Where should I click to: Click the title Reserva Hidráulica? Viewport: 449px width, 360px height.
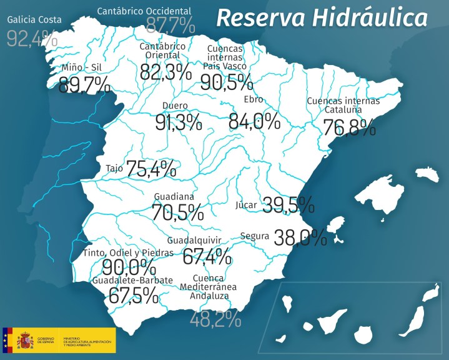pyautogui.click(x=322, y=18)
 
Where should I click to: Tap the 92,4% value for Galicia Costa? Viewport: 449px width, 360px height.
pyautogui.click(x=32, y=38)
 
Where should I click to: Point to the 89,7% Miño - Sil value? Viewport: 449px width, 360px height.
pyautogui.click(x=84, y=84)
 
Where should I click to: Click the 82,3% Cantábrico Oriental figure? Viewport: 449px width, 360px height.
pyautogui.click(x=165, y=72)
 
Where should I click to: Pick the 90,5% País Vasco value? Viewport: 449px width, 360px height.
pyautogui.click(x=227, y=82)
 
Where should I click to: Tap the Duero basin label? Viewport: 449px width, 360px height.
pyautogui.click(x=175, y=105)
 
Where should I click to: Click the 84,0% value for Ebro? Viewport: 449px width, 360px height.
pyautogui.click(x=254, y=121)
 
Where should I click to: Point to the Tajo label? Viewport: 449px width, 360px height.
pyautogui.click(x=114, y=168)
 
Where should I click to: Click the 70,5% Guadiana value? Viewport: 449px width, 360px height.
pyautogui.click(x=177, y=212)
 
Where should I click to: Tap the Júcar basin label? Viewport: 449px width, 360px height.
pyautogui.click(x=246, y=204)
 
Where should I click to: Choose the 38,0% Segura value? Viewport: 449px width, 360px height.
pyautogui.click(x=300, y=237)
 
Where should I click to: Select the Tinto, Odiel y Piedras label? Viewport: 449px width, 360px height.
pyautogui.click(x=127, y=252)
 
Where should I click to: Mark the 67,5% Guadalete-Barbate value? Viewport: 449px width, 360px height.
pyautogui.click(x=133, y=295)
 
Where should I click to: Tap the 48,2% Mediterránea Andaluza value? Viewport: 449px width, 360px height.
pyautogui.click(x=215, y=319)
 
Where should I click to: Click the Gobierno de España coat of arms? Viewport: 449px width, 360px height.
pyautogui.click(x=25, y=341)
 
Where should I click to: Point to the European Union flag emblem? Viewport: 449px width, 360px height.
pyautogui.click(x=7, y=341)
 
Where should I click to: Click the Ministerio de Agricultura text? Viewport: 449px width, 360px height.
pyautogui.click(x=87, y=341)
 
